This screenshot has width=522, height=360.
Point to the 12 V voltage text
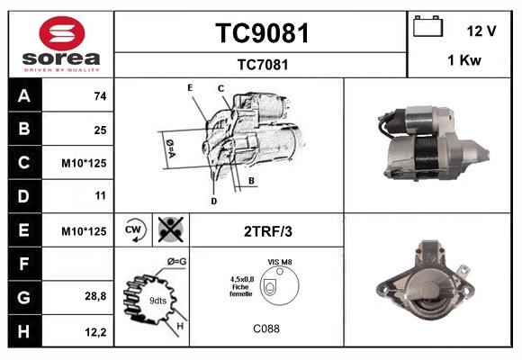pos(481,31)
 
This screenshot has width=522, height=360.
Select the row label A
pos(23,95)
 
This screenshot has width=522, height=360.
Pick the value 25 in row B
pos(100,130)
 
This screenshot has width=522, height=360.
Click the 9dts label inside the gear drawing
pos(158,300)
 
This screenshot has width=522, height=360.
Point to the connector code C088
pos(265,328)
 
